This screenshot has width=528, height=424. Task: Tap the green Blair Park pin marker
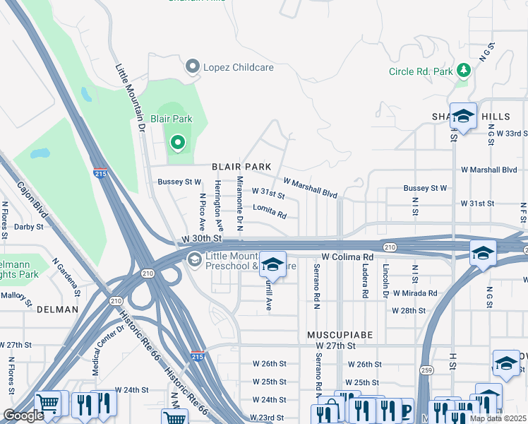tap(177, 143)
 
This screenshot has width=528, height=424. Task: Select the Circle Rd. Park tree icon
tap(463, 70)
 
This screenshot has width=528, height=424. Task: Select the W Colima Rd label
tap(347, 257)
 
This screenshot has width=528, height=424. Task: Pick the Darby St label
tap(28, 228)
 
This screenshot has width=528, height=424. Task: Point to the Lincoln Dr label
tap(386, 281)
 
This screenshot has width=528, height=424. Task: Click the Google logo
tap(24, 416)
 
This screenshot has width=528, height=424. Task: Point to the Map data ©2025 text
tap(498, 418)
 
